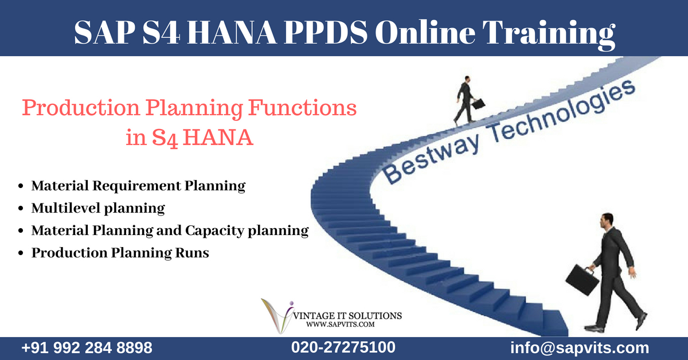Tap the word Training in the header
pyautogui.click(x=549, y=34)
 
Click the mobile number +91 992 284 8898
pyautogui.click(x=87, y=348)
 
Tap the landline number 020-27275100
pyautogui.click(x=343, y=347)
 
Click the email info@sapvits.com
pyautogui.click(x=580, y=348)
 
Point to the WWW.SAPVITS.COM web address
pyautogui.click(x=341, y=324)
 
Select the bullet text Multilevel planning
pyautogui.click(x=98, y=208)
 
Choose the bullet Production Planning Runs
pyautogui.click(x=120, y=253)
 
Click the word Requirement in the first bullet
pyautogui.click(x=136, y=186)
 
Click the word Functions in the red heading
pyautogui.click(x=302, y=108)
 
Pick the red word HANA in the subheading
pyautogui.click(x=218, y=138)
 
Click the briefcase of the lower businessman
pyautogui.click(x=583, y=280)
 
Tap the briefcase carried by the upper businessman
pyautogui.click(x=478, y=104)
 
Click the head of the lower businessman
pyautogui.click(x=607, y=221)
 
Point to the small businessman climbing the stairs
pyautogui.click(x=466, y=100)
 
